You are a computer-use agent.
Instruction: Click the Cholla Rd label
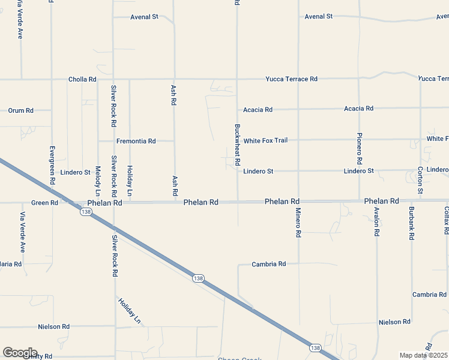point(82,79)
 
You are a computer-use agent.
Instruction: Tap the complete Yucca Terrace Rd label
point(292,79)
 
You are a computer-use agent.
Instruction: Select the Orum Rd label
point(20,110)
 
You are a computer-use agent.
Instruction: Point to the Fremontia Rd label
point(136,141)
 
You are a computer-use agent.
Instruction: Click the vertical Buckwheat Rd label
point(237,145)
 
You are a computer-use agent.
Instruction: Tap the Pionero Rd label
point(359,148)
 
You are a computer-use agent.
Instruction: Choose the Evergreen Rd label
point(52,164)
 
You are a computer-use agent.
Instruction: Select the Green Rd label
point(44,203)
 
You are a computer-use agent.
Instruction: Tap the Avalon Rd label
point(376,223)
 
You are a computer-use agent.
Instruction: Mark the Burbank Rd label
point(411,224)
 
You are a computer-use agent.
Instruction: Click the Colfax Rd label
point(447,220)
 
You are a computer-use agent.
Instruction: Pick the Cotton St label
point(420,180)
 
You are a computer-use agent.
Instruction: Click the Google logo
point(20,353)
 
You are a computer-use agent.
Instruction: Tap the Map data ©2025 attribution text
point(423,355)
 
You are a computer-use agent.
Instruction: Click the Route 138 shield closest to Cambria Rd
point(199,278)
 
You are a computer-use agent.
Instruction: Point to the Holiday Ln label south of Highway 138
point(128,310)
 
